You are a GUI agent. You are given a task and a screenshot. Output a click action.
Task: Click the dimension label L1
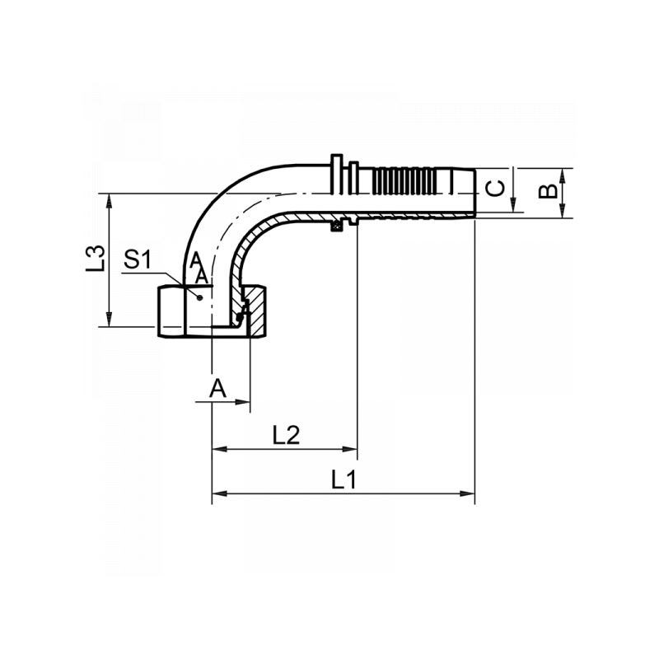point(344,479)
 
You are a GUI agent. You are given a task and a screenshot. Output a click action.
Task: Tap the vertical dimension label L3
point(96,258)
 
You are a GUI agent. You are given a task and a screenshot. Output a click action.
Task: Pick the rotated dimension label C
point(494,189)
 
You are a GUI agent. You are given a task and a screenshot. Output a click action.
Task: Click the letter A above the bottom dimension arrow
point(217,388)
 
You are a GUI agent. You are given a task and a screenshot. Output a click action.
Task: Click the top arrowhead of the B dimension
point(563,174)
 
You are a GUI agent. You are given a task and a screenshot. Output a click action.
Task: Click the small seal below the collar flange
point(336,226)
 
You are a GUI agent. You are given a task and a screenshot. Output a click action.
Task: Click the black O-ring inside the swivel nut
point(240,316)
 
